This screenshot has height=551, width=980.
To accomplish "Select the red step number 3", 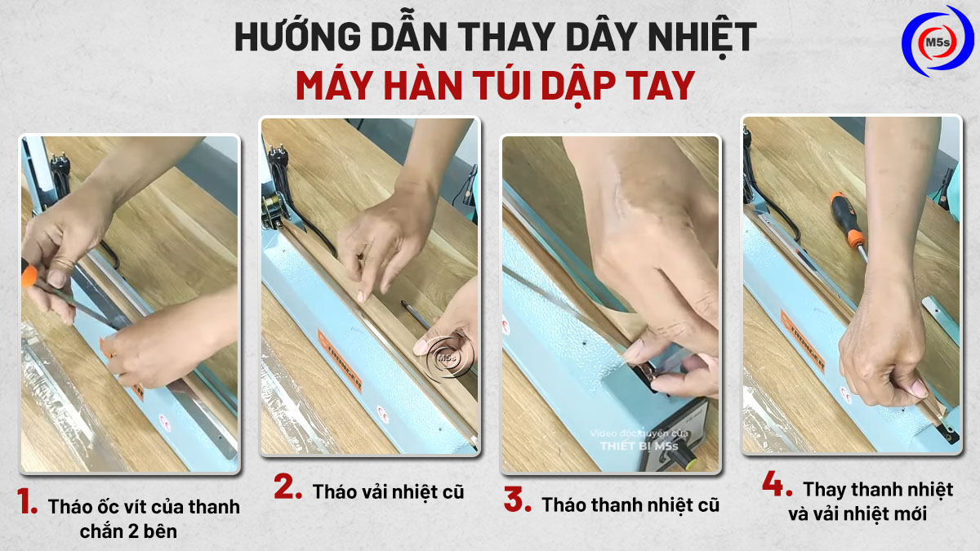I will click(517, 500).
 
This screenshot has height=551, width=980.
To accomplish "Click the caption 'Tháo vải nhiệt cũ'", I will click(388, 492).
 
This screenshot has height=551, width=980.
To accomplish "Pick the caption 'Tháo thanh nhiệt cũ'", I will click(630, 504).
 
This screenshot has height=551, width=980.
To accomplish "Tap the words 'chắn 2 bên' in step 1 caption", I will click(128, 531).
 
